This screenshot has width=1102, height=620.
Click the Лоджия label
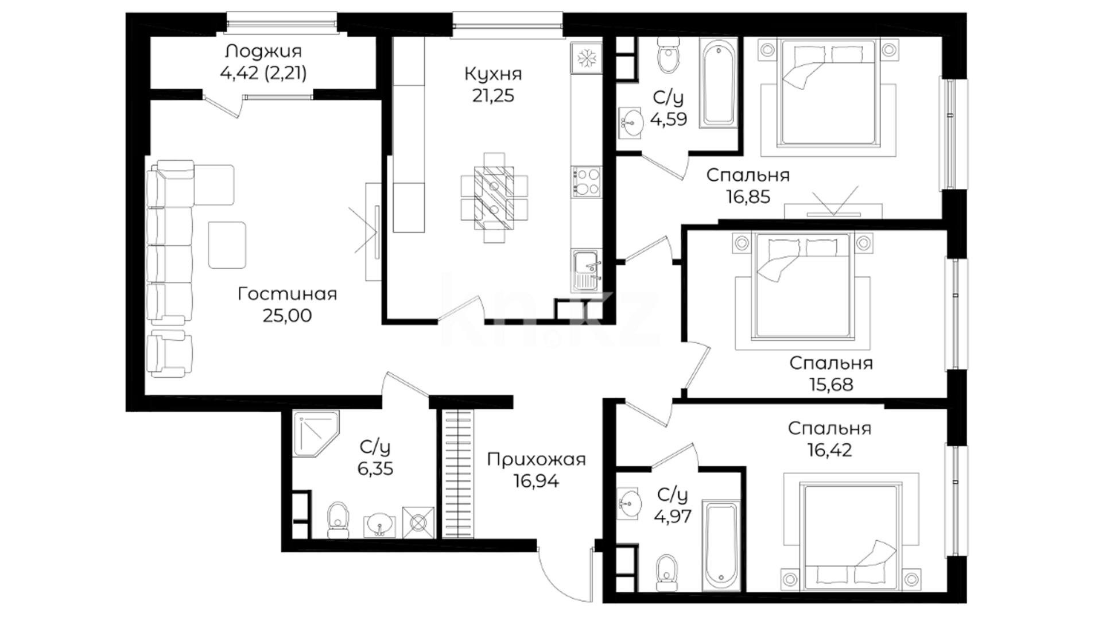coord(263,52)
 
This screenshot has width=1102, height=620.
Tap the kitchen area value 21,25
coord(493,96)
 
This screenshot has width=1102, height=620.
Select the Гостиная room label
coord(287,294)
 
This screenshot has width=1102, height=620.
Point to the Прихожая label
coord(536,460)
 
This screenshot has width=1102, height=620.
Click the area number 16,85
coord(748,197)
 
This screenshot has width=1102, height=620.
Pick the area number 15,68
coord(831,385)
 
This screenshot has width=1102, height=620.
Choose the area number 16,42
coord(829,450)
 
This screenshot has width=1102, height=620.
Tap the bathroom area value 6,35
coord(375,469)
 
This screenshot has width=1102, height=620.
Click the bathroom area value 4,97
coord(673,516)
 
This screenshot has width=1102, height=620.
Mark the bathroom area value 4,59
coord(669,119)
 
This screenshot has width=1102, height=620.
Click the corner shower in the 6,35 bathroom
coord(316,434)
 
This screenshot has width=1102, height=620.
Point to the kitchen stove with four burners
coord(586,181)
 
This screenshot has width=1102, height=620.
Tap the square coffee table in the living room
coord(227,245)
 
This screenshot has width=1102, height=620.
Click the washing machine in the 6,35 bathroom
coord(418,522)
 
